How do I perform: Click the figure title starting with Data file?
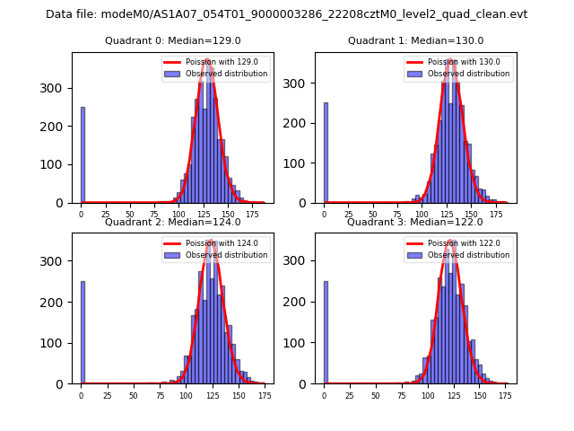(287, 14)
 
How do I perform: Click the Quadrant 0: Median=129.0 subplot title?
(173, 41)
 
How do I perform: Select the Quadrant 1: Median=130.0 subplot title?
(415, 41)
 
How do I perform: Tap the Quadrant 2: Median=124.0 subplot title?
(173, 223)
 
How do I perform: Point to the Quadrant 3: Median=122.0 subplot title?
(415, 223)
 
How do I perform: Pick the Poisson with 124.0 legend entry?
(214, 243)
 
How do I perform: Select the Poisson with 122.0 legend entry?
(457, 243)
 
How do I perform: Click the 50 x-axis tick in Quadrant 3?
(377, 396)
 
